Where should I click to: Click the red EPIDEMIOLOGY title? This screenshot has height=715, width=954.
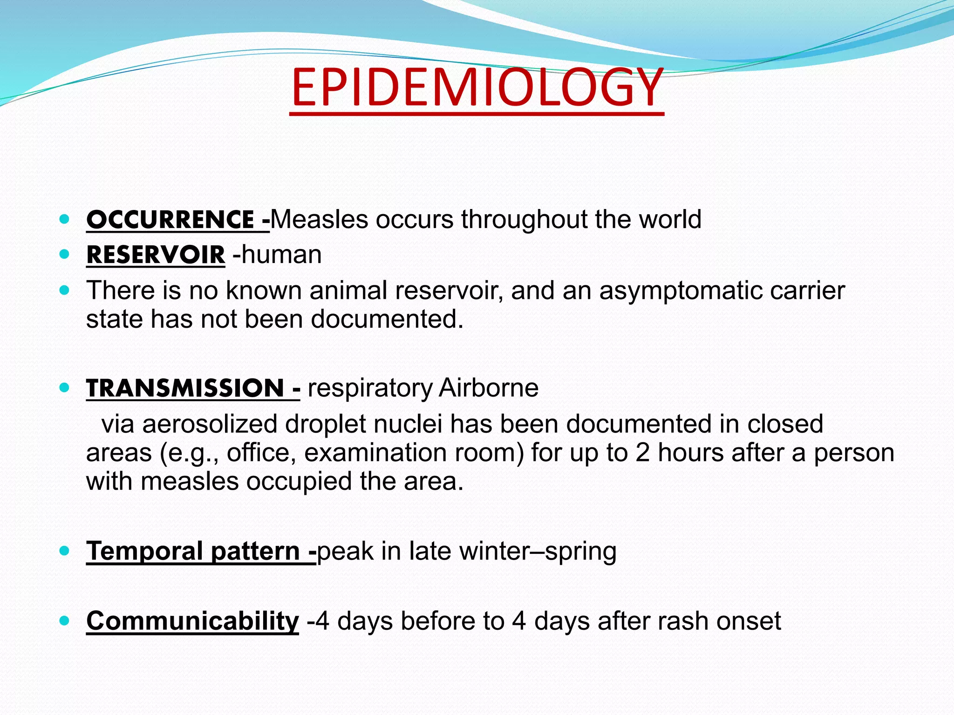(x=477, y=88)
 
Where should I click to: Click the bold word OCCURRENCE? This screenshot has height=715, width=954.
(x=170, y=220)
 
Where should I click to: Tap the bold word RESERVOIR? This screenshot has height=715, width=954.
(x=156, y=255)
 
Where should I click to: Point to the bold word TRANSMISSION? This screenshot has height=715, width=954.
(x=185, y=388)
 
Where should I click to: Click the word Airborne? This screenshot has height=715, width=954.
(x=489, y=388)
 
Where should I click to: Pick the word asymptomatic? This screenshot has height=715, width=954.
(x=681, y=291)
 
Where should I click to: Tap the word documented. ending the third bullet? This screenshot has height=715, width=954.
(x=387, y=319)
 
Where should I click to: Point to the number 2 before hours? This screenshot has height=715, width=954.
(x=642, y=452)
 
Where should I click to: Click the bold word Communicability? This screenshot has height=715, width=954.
(x=192, y=621)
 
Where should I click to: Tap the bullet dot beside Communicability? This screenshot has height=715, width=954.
(x=65, y=621)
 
